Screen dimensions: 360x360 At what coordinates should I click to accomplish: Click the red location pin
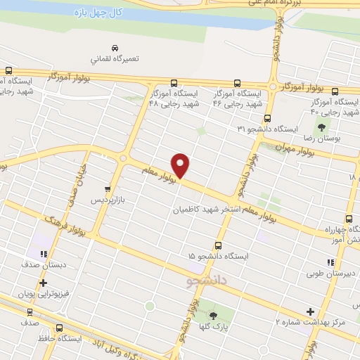pos(181,165)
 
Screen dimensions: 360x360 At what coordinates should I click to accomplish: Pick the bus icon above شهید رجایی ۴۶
pos(236,82)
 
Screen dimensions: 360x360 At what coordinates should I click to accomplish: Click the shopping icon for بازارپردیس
pos(107,189)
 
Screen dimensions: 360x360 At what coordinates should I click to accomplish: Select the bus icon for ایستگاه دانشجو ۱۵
pos(219,245)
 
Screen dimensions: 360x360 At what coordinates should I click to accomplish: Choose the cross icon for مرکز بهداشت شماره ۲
pos(310,311)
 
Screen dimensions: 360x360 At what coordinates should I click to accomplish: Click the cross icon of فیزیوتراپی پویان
pos(44,283)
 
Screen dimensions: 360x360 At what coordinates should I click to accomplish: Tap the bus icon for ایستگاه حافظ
pos(58,327)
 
